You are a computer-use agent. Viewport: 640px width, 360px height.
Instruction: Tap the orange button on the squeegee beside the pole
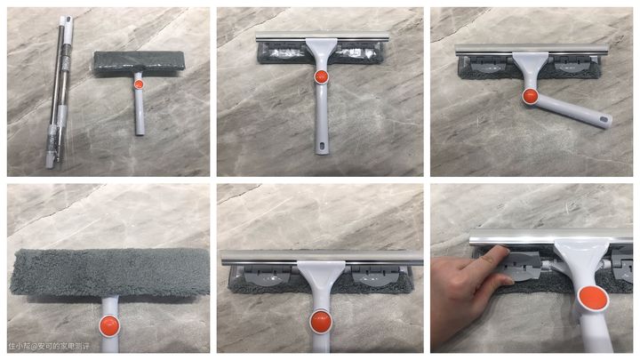click(x=139, y=84)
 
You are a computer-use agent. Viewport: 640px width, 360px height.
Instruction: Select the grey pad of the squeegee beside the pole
click(x=140, y=62)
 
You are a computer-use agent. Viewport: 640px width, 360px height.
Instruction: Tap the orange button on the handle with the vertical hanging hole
click(x=321, y=76)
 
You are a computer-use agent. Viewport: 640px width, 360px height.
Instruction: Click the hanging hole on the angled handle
click(x=604, y=120)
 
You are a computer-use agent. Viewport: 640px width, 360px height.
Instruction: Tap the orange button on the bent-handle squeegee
click(x=530, y=96)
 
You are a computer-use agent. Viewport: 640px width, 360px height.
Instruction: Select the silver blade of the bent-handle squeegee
click(x=532, y=50)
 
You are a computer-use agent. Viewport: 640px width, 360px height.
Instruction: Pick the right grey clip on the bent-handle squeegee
click(x=572, y=65)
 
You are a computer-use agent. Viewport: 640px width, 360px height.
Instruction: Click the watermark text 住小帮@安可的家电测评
click(x=49, y=346)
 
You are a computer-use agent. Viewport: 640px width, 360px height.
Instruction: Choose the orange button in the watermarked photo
click(x=109, y=325)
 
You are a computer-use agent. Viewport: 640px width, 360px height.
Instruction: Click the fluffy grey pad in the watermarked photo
click(x=109, y=272)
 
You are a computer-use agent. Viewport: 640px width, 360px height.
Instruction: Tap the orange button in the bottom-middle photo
click(x=321, y=322)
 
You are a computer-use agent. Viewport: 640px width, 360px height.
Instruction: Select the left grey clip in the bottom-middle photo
click(x=268, y=276)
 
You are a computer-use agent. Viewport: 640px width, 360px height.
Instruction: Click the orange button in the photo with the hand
click(x=593, y=299)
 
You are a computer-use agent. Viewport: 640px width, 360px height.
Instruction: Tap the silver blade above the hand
click(x=551, y=237)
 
